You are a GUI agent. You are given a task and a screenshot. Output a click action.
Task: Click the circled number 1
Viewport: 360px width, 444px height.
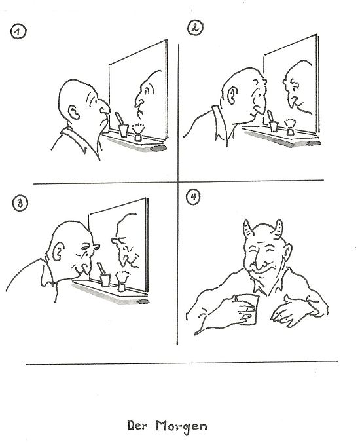(x=18, y=31)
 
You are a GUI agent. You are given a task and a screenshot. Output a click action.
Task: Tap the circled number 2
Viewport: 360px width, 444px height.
(x=195, y=28)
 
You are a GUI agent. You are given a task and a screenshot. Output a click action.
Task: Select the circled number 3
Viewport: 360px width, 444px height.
(x=20, y=203)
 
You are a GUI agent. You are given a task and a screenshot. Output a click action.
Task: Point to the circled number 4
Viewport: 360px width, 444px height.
(x=193, y=197)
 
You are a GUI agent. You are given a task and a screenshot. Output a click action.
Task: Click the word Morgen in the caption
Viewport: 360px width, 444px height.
(x=181, y=427)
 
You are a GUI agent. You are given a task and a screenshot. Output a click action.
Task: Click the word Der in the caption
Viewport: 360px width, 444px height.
(x=137, y=425)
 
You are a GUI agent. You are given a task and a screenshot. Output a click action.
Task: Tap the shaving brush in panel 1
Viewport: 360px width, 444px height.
(x=138, y=132)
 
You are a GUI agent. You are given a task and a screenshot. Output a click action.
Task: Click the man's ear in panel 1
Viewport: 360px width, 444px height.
(x=74, y=113)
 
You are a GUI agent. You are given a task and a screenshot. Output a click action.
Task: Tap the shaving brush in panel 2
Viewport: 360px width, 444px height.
(x=290, y=128)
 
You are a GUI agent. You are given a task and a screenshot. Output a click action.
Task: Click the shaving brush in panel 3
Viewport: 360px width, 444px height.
(x=122, y=282)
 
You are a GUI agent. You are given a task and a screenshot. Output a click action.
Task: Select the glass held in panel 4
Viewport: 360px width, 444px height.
(x=247, y=309)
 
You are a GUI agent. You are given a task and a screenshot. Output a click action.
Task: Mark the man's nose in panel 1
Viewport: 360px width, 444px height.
(x=103, y=107)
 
